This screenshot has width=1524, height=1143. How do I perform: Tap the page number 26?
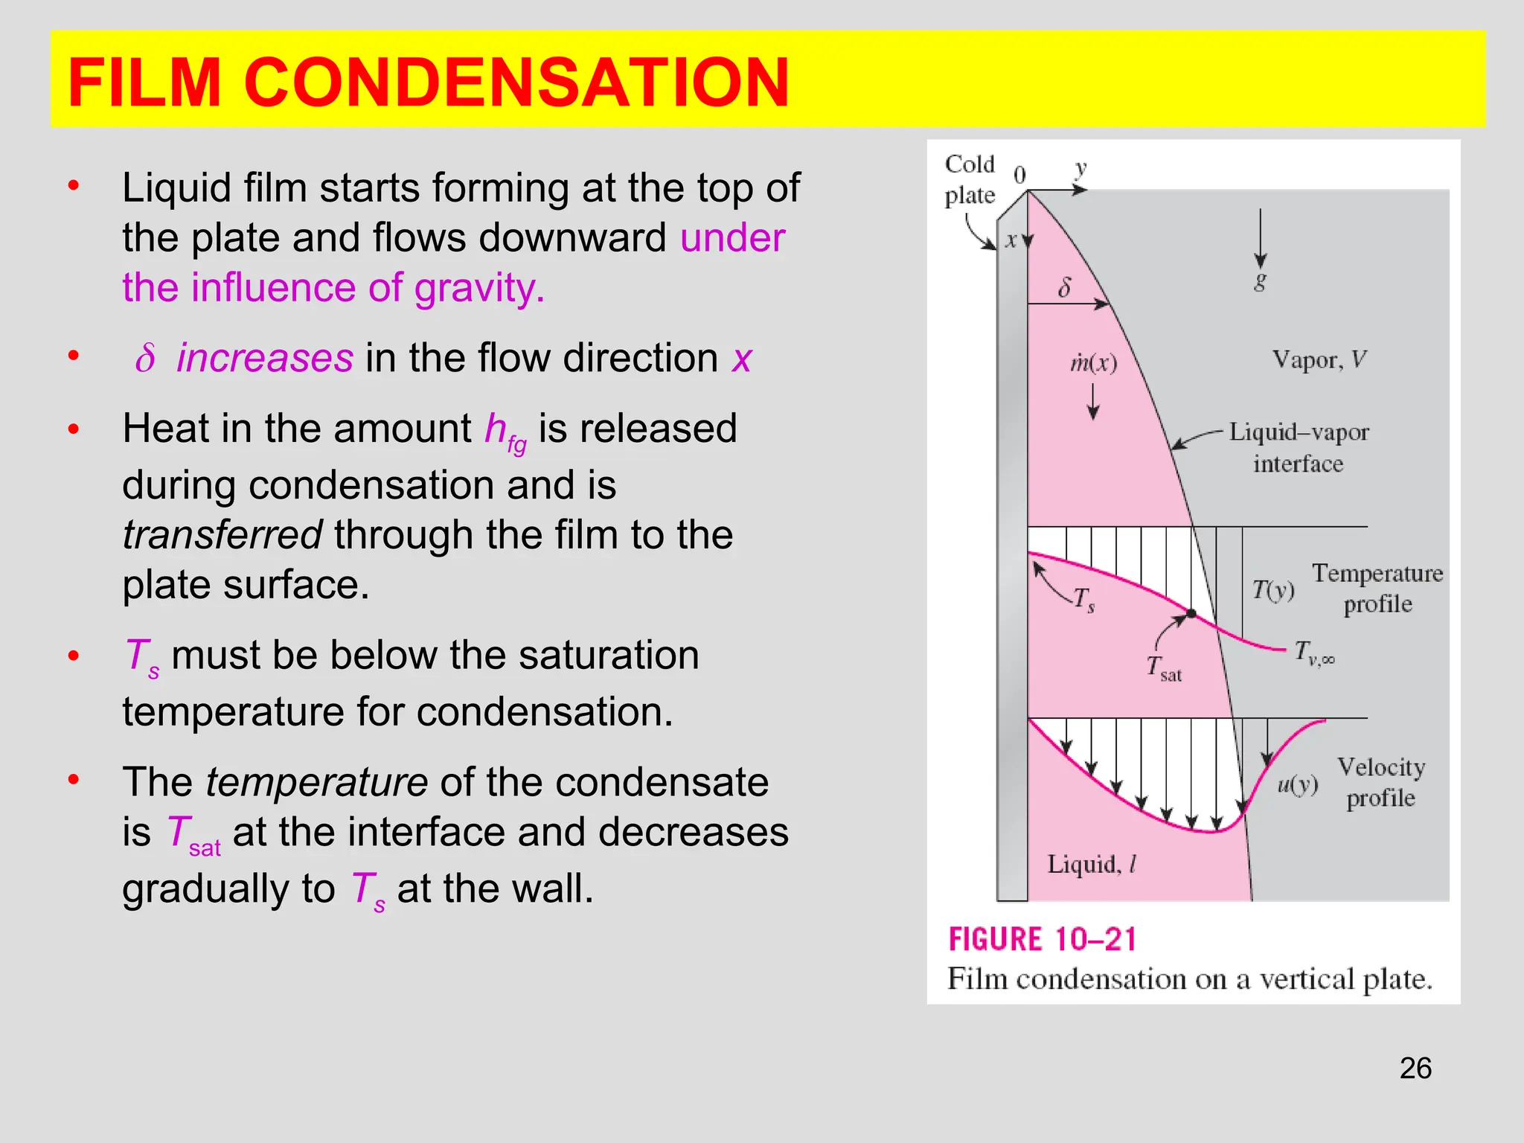(x=1415, y=1068)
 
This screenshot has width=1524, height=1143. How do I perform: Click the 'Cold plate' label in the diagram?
(x=970, y=179)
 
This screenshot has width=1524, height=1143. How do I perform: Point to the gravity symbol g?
(x=1260, y=281)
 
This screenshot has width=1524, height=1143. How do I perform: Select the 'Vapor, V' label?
(x=1319, y=360)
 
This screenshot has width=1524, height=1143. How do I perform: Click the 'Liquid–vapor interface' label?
(x=1299, y=447)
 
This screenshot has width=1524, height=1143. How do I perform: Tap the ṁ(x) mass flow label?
(x=1093, y=363)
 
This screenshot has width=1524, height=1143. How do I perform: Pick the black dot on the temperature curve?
(x=1191, y=613)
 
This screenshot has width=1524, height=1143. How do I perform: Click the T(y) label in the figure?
(x=1272, y=590)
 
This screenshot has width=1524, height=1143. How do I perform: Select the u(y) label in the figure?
(x=1297, y=784)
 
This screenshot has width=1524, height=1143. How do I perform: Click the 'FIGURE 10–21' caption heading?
(x=1043, y=939)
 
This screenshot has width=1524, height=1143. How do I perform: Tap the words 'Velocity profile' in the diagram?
(x=1381, y=782)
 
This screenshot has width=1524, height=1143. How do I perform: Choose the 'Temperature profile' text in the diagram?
(x=1377, y=588)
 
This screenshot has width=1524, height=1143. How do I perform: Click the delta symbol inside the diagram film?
(x=1065, y=287)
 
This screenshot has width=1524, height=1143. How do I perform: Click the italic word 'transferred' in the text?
(x=222, y=534)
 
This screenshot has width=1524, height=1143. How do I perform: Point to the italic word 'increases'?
(x=265, y=358)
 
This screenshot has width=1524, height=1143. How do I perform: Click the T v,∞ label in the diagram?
(x=1314, y=653)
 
